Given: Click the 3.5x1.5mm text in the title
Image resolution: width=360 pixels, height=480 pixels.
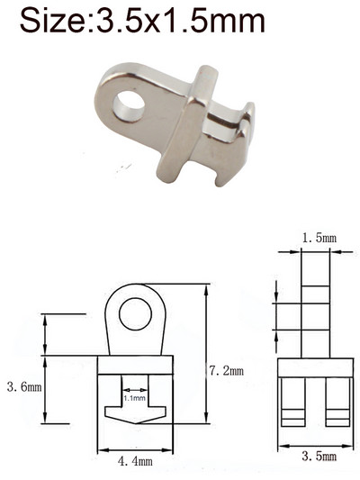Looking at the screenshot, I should click(x=180, y=19).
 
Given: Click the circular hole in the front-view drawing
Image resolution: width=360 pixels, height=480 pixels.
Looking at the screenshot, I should click(x=135, y=314).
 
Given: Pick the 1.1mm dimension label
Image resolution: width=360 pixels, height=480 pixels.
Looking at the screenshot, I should click(x=134, y=396).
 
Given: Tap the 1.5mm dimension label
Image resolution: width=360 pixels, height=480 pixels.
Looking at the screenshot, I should click(x=317, y=238).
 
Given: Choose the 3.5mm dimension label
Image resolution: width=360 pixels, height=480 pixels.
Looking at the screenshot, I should click(x=317, y=457).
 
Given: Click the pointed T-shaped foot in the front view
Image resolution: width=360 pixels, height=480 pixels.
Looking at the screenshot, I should click(x=135, y=413).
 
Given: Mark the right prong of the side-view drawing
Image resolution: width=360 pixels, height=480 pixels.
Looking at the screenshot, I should click(x=337, y=402).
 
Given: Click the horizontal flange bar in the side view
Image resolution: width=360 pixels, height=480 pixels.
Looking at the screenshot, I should click(x=315, y=367).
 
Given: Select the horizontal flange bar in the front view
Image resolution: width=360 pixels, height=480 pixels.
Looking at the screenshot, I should click(x=135, y=365).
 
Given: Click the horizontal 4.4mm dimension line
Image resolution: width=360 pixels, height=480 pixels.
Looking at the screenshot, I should click(x=135, y=448).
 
